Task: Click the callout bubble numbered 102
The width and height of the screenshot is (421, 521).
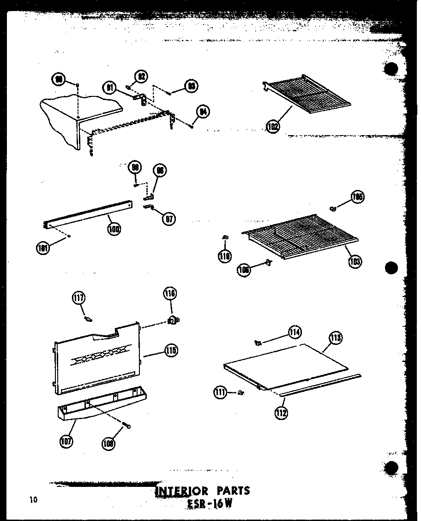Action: coord(273,125)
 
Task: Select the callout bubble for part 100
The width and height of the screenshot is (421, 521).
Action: coord(114,228)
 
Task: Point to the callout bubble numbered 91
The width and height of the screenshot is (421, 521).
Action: coord(109,88)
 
